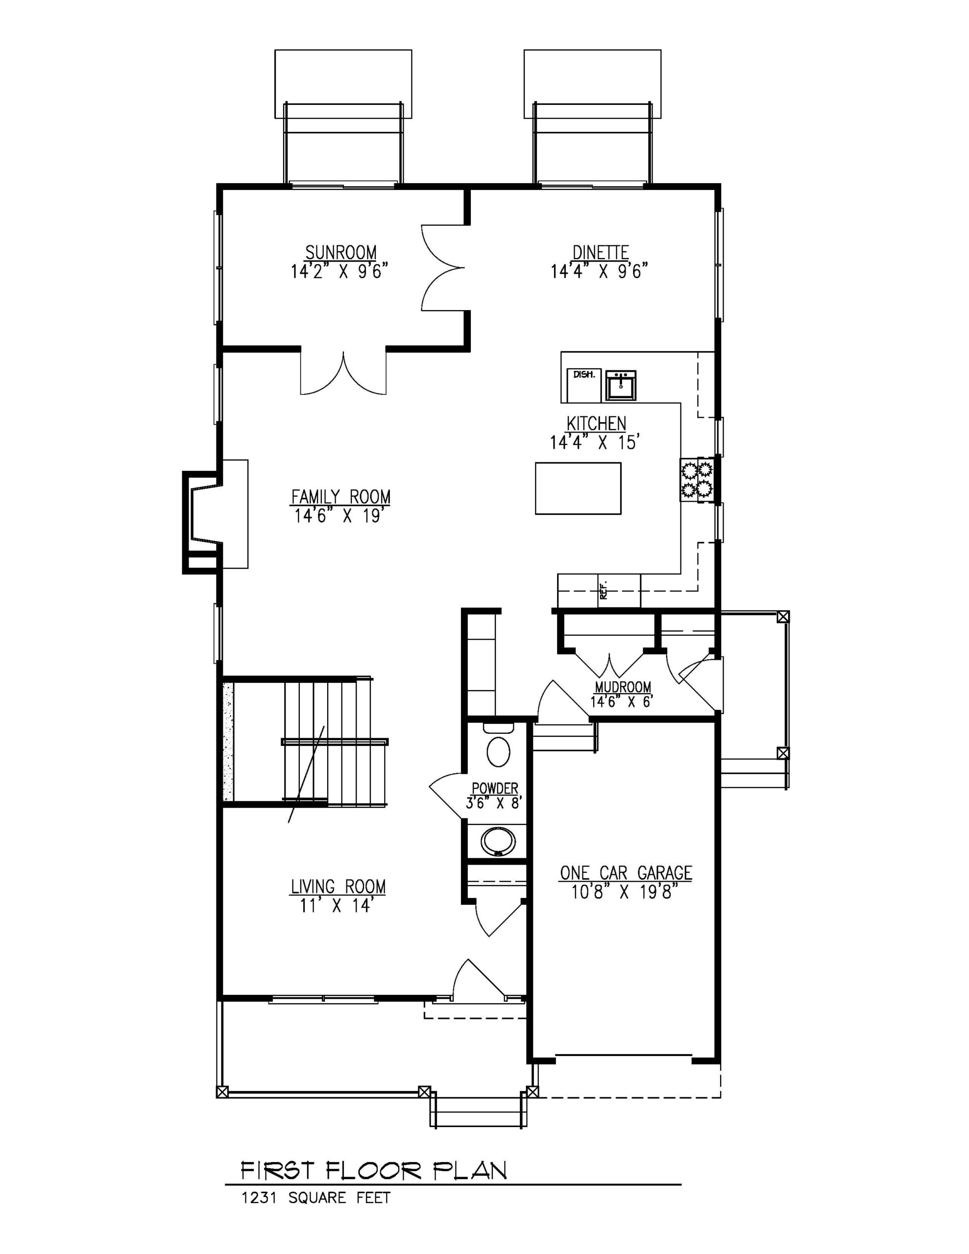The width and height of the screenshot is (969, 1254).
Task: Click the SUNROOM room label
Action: pos(340,253)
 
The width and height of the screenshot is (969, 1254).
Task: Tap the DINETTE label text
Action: pos(600,253)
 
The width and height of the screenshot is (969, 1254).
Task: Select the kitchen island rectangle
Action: pos(578,488)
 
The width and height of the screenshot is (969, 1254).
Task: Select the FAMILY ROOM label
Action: pos(340,496)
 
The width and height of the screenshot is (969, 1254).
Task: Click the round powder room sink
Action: pos(497,842)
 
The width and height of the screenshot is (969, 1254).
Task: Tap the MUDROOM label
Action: pos(623,687)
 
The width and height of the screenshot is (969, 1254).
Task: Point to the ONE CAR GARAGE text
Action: pos(626,873)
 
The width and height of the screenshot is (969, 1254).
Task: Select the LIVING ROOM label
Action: pos(339,887)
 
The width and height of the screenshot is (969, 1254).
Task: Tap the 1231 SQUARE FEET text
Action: pos(316,1198)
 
